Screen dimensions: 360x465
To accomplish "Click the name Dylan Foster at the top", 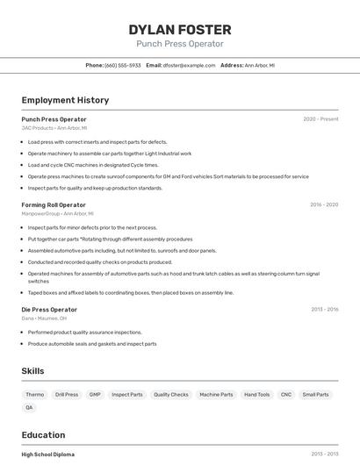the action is pos(180,29).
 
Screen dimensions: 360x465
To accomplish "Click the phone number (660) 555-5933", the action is pos(122,65).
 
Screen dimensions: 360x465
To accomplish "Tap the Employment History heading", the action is pos(65,100).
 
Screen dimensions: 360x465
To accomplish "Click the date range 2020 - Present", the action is pos(320,118).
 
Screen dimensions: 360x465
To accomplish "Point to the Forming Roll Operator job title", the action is pos(54,204).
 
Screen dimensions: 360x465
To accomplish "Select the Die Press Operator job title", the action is pos(49,309).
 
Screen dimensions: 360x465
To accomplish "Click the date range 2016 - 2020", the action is pos(323,204).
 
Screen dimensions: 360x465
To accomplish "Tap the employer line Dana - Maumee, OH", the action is pos(44,318).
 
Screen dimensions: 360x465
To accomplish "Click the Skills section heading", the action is pos(32,371).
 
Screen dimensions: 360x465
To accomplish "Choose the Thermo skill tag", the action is pos(35,395).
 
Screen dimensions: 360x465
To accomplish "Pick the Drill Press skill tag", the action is pos(67,395).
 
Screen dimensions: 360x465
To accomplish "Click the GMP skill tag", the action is pos(95,395).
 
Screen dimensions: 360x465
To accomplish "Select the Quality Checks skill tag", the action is pos(171,395).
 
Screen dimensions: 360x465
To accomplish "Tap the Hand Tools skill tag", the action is pos(257,395).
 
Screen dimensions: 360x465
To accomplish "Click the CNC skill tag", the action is pos(286,395).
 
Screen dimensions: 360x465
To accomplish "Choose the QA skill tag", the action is pos(29,407).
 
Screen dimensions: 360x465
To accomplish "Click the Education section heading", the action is pos(43,435).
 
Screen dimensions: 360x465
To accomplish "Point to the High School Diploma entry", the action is pos(47,454).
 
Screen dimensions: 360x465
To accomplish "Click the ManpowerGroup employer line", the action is pos(57,213).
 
